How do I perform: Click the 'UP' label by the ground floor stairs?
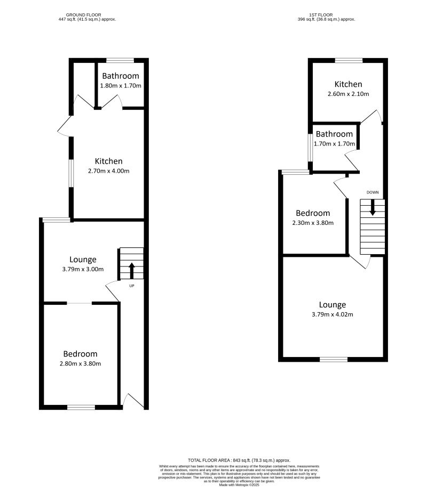click(132, 286)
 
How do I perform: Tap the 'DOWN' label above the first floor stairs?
click(373, 192)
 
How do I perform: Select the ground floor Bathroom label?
click(121, 76)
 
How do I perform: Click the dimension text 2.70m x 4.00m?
click(109, 171)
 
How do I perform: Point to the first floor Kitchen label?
click(348, 84)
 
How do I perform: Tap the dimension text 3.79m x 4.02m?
click(333, 314)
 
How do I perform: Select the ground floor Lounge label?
click(79, 259)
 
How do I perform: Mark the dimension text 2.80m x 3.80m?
click(80, 364)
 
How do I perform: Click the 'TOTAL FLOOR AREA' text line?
click(239, 460)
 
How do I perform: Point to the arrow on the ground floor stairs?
click(132, 270)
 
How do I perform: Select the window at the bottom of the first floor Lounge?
click(333, 359)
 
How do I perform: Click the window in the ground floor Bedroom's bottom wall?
click(81, 408)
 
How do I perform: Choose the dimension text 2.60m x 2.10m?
click(348, 94)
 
